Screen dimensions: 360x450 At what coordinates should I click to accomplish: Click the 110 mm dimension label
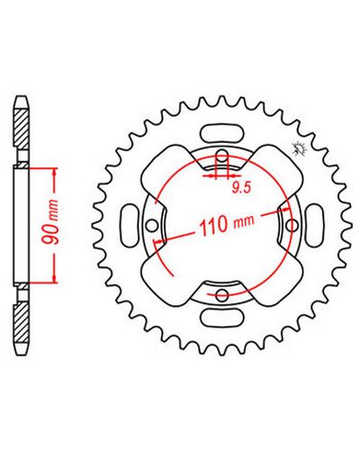point(227,224)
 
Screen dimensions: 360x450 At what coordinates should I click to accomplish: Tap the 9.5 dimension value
point(241,188)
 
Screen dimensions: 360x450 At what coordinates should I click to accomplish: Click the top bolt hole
point(222,156)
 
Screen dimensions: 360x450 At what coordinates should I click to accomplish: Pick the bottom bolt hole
point(222,294)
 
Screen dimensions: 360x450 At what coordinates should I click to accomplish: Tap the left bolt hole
point(152,225)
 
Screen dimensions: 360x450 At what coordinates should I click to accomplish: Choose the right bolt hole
point(292,225)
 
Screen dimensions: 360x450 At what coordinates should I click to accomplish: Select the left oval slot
point(130,225)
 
